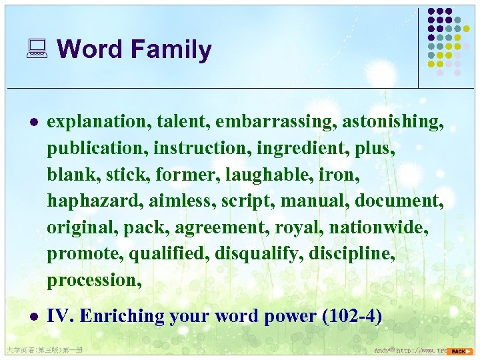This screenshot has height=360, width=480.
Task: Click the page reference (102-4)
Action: pyautogui.click(x=351, y=317)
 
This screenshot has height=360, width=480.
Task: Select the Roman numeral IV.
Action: pyautogui.click(x=59, y=317)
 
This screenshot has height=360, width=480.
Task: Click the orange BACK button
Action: pyautogui.click(x=460, y=351)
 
